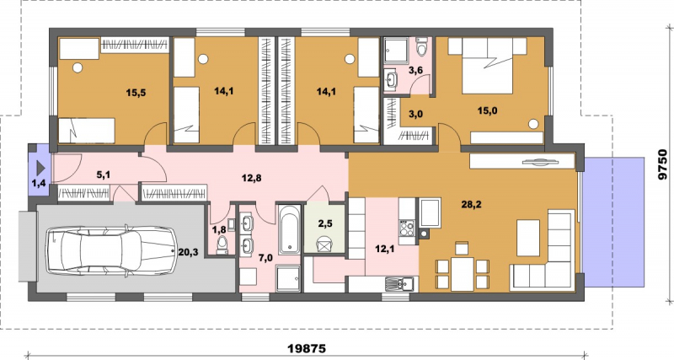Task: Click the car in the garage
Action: [x=111, y=250]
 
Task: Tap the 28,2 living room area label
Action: [x=471, y=205]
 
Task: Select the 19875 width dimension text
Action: [x=307, y=347]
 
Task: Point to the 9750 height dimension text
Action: [x=663, y=164]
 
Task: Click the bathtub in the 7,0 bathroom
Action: [x=289, y=229]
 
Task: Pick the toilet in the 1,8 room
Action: [x=222, y=244]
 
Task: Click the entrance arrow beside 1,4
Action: [x=40, y=167]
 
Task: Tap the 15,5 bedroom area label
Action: [x=136, y=92]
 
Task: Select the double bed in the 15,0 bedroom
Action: [x=488, y=66]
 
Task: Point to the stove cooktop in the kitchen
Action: [x=407, y=228]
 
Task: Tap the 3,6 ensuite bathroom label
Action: [x=415, y=71]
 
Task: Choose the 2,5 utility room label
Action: [x=324, y=223]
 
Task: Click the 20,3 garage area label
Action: [x=188, y=252]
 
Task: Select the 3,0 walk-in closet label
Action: [x=415, y=114]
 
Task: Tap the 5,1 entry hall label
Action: [x=104, y=175]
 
